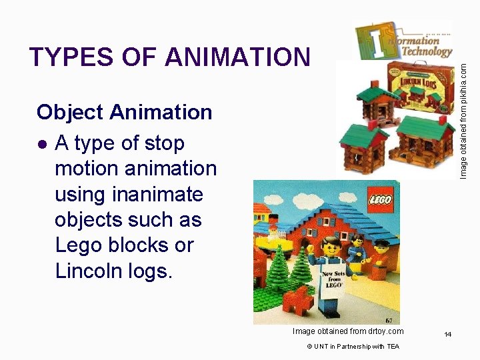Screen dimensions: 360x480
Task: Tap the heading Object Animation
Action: [124, 112]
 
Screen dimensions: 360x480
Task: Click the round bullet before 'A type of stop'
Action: [42, 143]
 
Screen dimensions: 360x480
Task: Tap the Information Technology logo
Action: [403, 40]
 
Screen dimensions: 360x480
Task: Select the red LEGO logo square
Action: [381, 198]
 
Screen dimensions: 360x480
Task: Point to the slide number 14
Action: [449, 334]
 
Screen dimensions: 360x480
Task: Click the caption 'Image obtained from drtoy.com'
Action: [348, 331]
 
